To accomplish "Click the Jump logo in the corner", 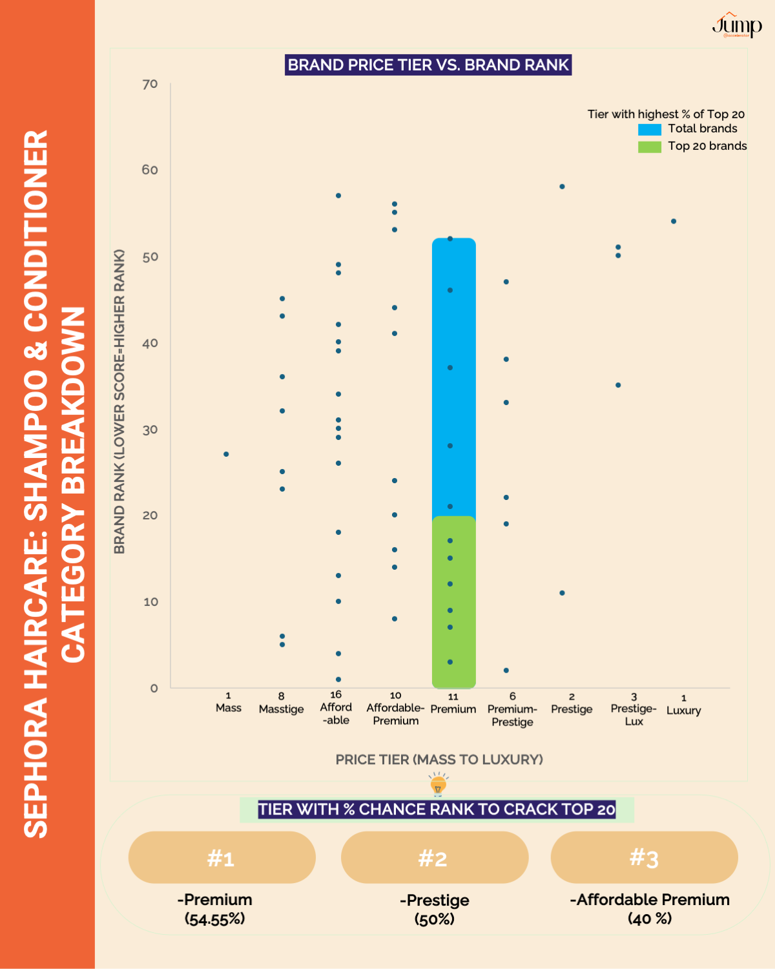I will tap(737, 26).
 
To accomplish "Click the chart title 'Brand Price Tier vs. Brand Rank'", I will tap(428, 65).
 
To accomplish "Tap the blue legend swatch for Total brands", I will tap(649, 129).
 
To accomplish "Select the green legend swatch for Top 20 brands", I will tap(649, 147).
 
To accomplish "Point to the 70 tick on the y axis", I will tap(150, 84).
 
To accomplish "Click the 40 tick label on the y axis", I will tap(150, 343).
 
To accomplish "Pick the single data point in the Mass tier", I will tap(226, 454).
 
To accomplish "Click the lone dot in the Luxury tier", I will tap(674, 221).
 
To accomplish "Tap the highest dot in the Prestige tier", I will tap(562, 187).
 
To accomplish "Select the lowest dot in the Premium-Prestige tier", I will tap(506, 671).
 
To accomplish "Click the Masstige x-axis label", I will tap(281, 709).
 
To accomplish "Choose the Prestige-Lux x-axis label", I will tap(634, 714).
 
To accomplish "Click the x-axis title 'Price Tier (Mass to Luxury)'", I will tap(439, 759).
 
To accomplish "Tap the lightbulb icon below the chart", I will tap(439, 785).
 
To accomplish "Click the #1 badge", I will tap(222, 857).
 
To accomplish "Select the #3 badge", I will tap(644, 857).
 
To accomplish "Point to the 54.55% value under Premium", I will tap(214, 919).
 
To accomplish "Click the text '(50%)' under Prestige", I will tap(434, 919).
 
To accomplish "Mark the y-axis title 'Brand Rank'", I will tap(119, 401).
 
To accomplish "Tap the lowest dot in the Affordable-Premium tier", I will tap(395, 619).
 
